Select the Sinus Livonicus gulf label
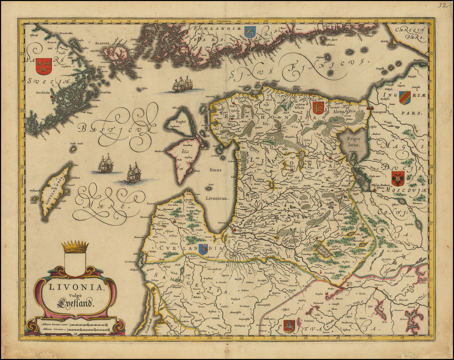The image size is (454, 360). point(215,184)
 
